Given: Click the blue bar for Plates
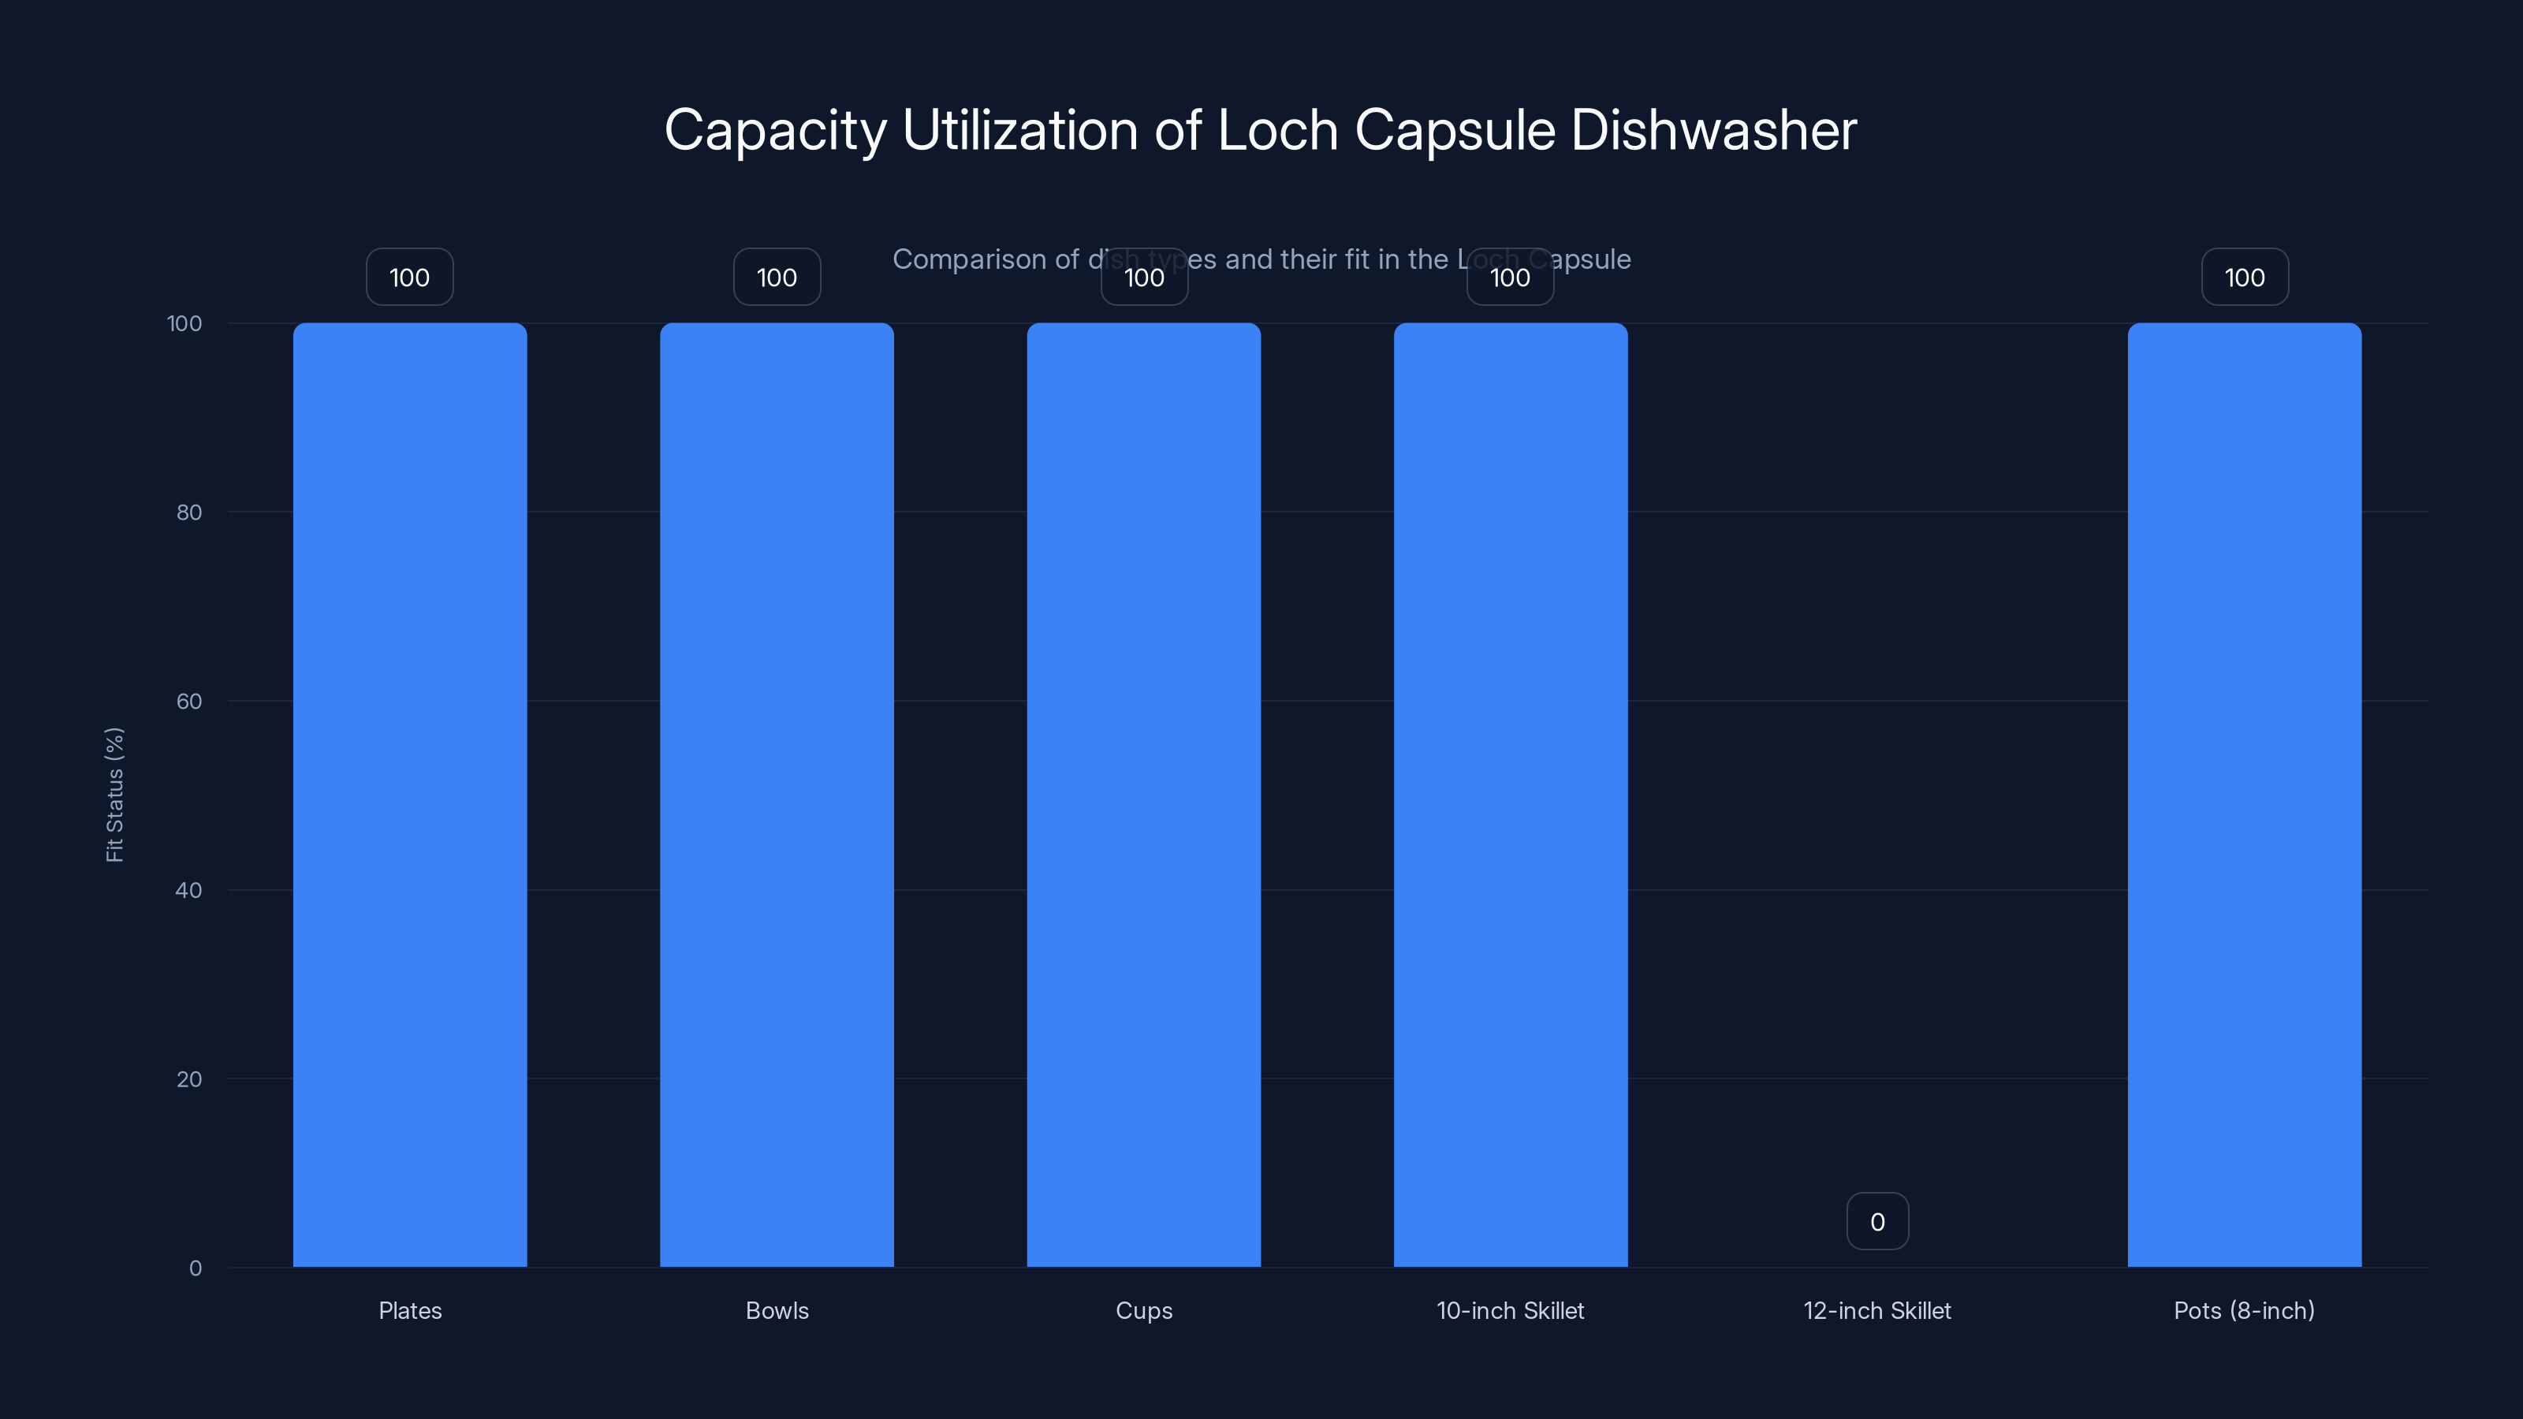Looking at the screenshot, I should [x=409, y=794].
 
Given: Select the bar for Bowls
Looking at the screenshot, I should [x=777, y=794].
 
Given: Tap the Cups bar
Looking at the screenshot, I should [x=1143, y=794].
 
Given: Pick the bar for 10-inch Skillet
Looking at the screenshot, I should [x=1511, y=794].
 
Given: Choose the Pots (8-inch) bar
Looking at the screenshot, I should [x=2244, y=794].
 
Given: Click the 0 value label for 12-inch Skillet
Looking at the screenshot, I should [x=1876, y=1221].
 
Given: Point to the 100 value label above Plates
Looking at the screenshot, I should [x=409, y=277].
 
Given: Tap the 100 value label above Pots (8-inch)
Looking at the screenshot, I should [x=2244, y=277].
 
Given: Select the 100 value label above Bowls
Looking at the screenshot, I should [x=777, y=277].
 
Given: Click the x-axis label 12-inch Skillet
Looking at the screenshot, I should [x=1876, y=1310].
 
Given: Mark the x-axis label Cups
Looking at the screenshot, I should [x=1143, y=1310].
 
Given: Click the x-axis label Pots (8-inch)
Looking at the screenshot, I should [x=2244, y=1310].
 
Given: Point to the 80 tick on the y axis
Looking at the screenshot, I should [x=189, y=512].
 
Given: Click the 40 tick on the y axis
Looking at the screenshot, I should [x=189, y=890].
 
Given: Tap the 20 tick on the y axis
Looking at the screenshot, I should [x=189, y=1079].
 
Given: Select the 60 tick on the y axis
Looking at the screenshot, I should [x=189, y=701].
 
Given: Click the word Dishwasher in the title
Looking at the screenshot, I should [x=1713, y=130].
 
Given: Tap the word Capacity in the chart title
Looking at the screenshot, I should [x=775, y=130].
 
